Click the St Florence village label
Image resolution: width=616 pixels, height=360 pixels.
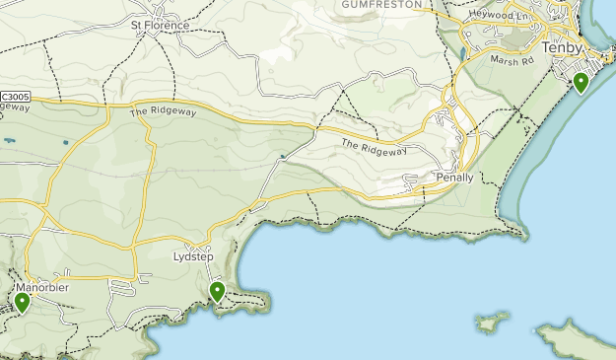point(160,25)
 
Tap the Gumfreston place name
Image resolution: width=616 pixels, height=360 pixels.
point(380,5)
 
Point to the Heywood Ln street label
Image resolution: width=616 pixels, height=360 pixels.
point(504,18)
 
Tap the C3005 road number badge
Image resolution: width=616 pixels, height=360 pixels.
point(16,96)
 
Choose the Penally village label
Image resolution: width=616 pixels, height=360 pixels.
point(454,178)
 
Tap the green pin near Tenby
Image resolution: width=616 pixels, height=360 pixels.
point(582,83)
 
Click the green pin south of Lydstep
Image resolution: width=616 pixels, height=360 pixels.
point(217,290)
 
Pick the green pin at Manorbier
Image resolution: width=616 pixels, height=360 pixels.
point(22,301)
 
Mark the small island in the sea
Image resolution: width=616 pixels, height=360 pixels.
point(491,322)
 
